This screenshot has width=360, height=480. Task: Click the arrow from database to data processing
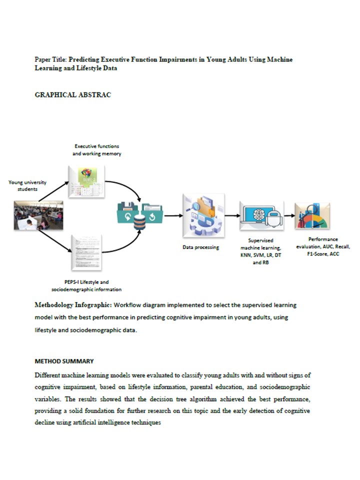tap(173, 216)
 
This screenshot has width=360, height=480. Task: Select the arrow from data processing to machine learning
tap(231, 216)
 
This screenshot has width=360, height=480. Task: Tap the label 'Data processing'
tap(200, 247)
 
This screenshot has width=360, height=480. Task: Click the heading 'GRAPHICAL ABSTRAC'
tap(72, 95)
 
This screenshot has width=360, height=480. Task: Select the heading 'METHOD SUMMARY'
tap(64, 361)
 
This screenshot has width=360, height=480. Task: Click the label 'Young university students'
tap(28, 185)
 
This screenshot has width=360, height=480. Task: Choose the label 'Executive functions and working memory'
tap(97, 150)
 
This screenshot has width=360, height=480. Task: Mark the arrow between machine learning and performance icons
tap(288, 216)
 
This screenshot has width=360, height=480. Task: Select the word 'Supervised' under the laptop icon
tap(260, 240)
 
